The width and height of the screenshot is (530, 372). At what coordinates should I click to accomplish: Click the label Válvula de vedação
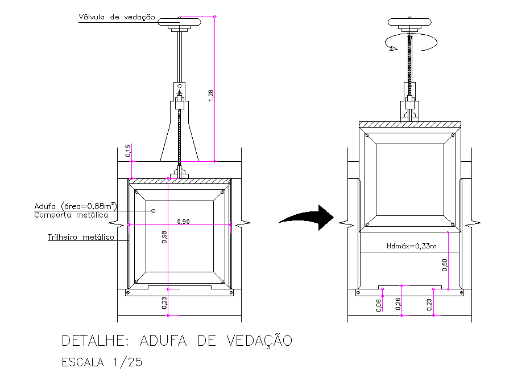tap(117, 18)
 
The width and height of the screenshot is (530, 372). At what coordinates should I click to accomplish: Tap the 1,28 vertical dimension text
tap(211, 95)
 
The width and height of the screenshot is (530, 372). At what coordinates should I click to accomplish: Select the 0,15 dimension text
tap(128, 151)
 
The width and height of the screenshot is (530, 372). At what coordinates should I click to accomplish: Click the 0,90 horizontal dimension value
tap(183, 221)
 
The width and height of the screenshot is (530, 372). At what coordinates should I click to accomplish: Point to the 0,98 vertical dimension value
tap(165, 238)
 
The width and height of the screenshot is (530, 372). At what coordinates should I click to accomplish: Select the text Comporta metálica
tap(71, 215)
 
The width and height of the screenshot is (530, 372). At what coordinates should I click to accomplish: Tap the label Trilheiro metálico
tap(81, 237)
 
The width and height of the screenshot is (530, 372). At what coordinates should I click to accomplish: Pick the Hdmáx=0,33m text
tap(412, 247)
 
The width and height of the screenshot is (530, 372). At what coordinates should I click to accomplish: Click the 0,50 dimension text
tap(444, 265)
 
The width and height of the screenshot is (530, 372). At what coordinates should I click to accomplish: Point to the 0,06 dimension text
tap(379, 305)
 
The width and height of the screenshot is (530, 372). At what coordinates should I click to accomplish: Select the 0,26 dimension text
tap(398, 305)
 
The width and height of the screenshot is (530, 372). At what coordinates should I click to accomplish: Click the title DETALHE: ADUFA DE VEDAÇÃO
tap(177, 341)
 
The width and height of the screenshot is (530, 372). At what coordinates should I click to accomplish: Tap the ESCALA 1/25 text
tap(102, 362)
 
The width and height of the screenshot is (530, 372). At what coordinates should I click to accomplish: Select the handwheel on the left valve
tap(180, 22)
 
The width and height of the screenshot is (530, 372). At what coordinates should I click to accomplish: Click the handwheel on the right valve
tap(409, 22)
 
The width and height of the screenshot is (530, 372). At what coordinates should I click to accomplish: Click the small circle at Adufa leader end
tap(154, 211)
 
